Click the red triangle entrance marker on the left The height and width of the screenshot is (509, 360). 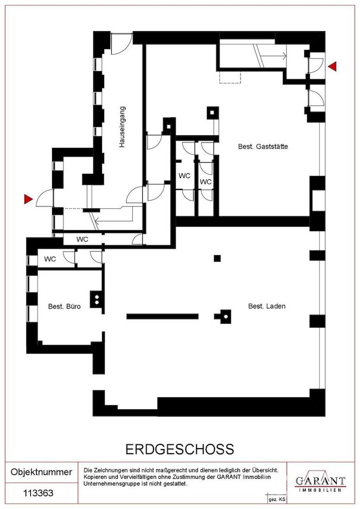click(x=29, y=199)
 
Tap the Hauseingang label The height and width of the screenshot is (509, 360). click(x=122, y=127)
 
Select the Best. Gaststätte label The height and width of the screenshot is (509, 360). click(x=263, y=147)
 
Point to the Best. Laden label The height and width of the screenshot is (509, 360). click(x=267, y=306)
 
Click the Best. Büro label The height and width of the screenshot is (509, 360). click(x=64, y=306)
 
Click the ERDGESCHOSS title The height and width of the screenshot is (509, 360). click(x=180, y=449)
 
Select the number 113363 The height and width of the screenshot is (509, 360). click(x=38, y=493)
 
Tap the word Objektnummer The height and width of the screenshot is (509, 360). click(x=41, y=472)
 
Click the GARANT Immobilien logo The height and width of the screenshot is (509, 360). click(x=320, y=483)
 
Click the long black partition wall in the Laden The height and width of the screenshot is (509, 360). click(x=162, y=317)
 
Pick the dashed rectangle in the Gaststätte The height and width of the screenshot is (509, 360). click(x=230, y=77)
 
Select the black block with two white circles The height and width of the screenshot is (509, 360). click(x=97, y=299)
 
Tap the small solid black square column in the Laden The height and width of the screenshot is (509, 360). click(x=217, y=258)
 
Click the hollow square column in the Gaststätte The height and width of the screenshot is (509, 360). click(x=213, y=113)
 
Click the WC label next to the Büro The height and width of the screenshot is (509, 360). click(x=50, y=259)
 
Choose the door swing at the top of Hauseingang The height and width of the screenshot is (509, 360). click(x=122, y=44)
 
